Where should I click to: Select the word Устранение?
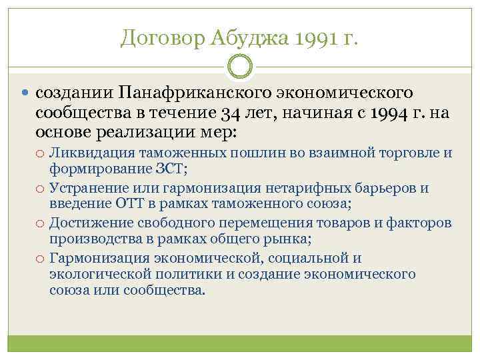click(89, 188)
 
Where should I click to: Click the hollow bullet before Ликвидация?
click(41, 154)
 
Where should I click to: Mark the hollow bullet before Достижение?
click(41, 223)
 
